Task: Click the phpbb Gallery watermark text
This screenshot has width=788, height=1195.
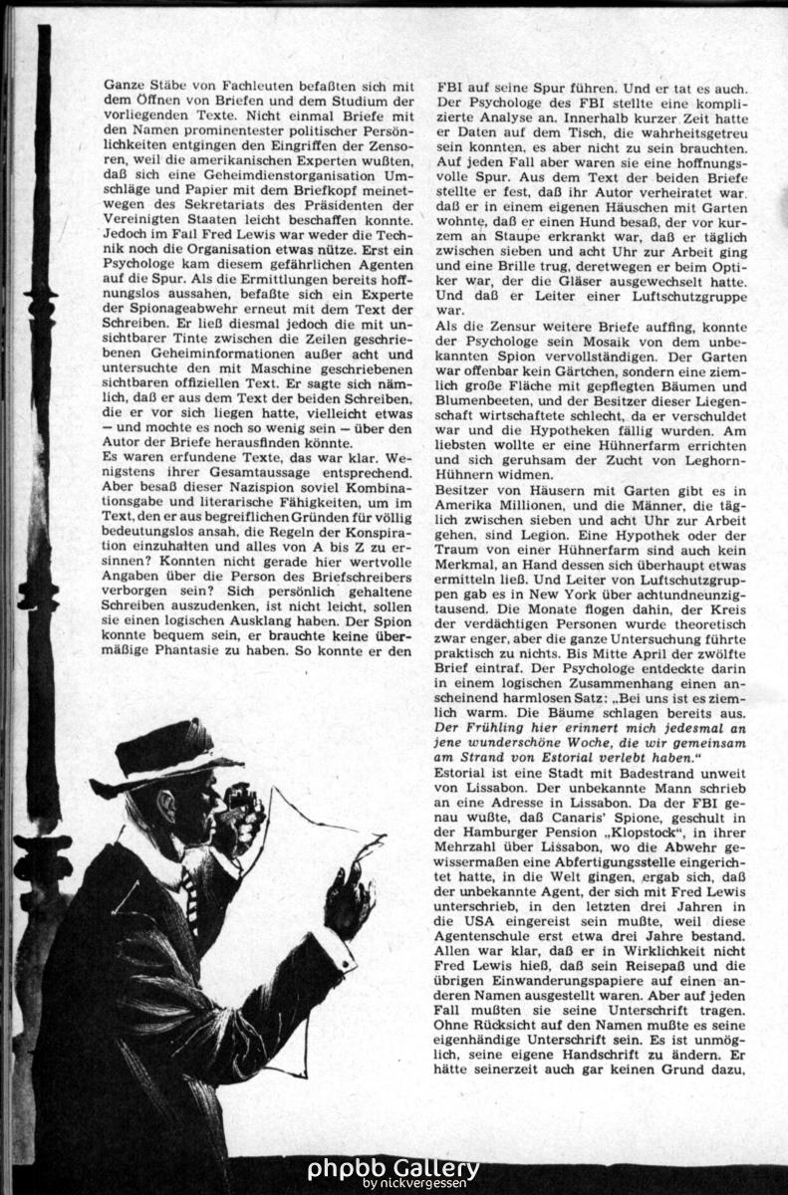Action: pos(393,1168)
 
